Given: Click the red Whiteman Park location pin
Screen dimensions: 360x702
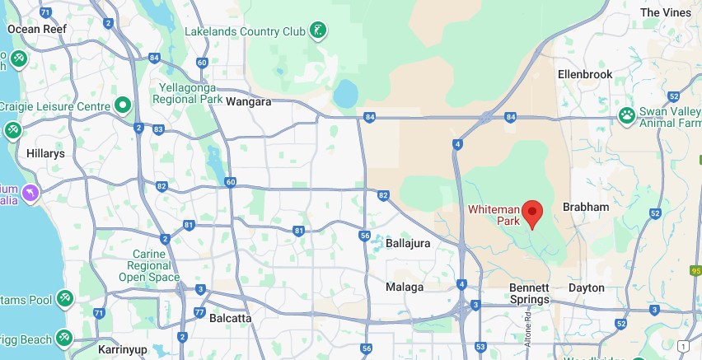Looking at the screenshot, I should (x=534, y=213).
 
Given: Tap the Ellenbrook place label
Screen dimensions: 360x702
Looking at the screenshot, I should (x=585, y=74).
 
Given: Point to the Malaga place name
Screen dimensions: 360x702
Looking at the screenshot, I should (x=405, y=288).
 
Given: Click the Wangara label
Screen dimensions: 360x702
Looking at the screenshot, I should (x=250, y=102).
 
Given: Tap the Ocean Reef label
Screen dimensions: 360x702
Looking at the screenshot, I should (x=35, y=29).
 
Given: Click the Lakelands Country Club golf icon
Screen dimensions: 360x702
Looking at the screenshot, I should (x=318, y=31).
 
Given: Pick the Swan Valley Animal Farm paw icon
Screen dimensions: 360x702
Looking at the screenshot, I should (x=627, y=115).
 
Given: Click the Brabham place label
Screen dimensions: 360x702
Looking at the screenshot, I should (x=585, y=207).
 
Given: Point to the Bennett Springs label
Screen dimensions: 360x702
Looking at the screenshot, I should (x=529, y=293).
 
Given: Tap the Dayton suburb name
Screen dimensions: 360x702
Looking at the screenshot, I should (x=587, y=288).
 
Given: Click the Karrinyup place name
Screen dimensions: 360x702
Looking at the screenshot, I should (x=122, y=350).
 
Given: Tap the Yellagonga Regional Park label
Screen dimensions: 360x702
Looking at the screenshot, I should (x=188, y=92).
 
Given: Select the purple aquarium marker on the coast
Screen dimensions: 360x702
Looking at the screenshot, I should (x=30, y=193).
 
